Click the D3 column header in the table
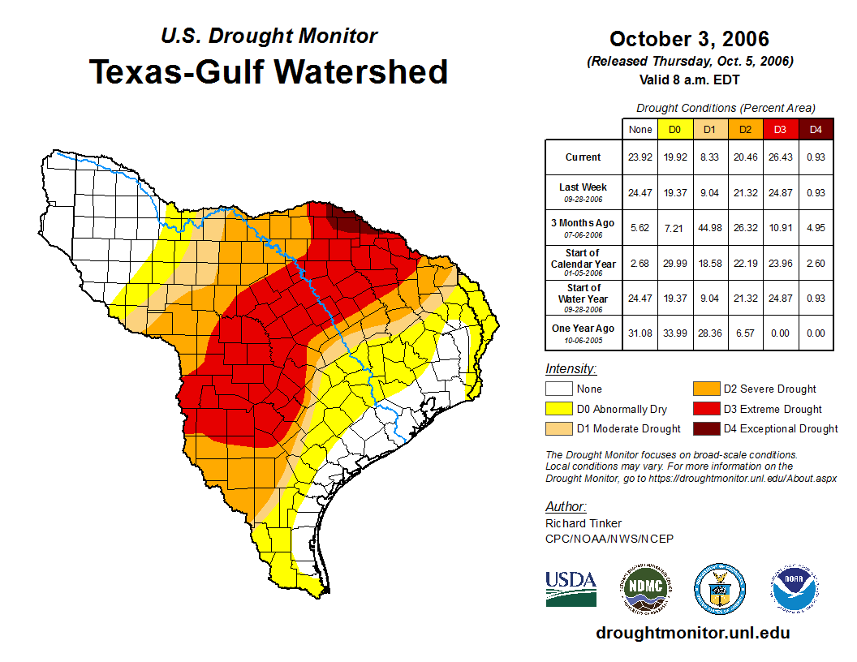coord(780,129)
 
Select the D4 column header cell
coord(816,129)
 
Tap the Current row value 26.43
coord(780,157)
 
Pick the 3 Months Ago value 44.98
coord(709,227)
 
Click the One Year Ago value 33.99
coord(674,333)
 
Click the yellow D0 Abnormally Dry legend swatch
coord(558,409)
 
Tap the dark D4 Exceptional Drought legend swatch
coord(704,428)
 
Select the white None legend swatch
coord(558,389)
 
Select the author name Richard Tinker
coord(584,523)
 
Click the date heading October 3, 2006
coord(689,39)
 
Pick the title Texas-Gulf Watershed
coord(269,71)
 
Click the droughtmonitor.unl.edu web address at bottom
coord(692,633)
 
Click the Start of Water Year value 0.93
coord(816,298)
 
